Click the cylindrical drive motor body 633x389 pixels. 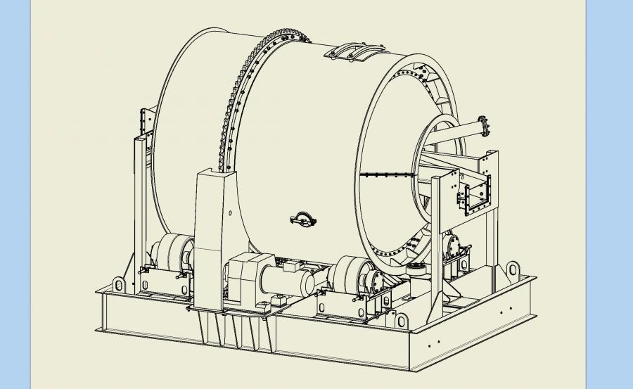coord(288,281)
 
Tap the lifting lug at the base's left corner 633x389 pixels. coord(120,284)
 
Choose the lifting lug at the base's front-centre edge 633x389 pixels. coord(402,321)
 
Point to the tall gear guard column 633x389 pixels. coord(211,232)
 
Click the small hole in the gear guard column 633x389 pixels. coord(229,212)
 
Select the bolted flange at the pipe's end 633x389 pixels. coord(482,127)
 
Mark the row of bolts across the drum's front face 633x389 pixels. coord(387,173)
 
